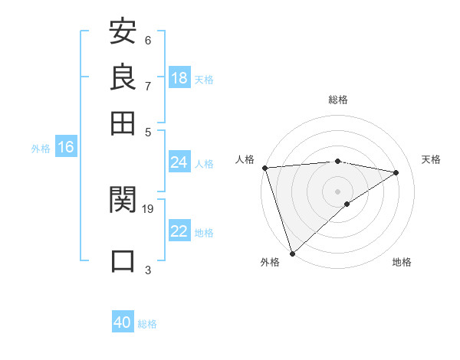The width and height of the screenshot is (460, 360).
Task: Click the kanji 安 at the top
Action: pos(123,33)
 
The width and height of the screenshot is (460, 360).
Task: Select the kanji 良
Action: pos(123,77)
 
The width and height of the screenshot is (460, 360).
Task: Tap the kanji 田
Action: pos(123,123)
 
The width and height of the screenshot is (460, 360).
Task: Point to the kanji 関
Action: pos(123,201)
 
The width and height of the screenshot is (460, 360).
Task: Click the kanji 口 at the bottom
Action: pos(123,260)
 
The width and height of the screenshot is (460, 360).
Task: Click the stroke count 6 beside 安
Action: pos(148,41)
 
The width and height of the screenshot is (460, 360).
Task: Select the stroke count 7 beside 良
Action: pos(148,86)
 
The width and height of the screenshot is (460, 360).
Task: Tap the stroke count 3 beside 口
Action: pos(148,269)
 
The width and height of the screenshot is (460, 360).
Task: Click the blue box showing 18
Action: pos(179,78)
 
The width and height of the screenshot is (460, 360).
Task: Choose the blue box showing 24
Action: pos(179,162)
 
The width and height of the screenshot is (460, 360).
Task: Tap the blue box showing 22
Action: pos(179,231)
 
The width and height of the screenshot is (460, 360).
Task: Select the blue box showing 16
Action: pos(66,148)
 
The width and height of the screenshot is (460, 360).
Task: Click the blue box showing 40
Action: pos(123,322)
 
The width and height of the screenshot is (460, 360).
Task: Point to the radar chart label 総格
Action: pos(338,100)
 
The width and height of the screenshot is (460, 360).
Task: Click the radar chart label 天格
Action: pos(431,159)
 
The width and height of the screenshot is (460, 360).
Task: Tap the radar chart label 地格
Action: pos(402,263)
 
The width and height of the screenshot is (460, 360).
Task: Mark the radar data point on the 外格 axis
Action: pos(292,253)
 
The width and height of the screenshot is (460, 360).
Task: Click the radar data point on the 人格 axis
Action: pos(264,168)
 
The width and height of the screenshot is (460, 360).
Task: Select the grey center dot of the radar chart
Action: pos(337,191)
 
